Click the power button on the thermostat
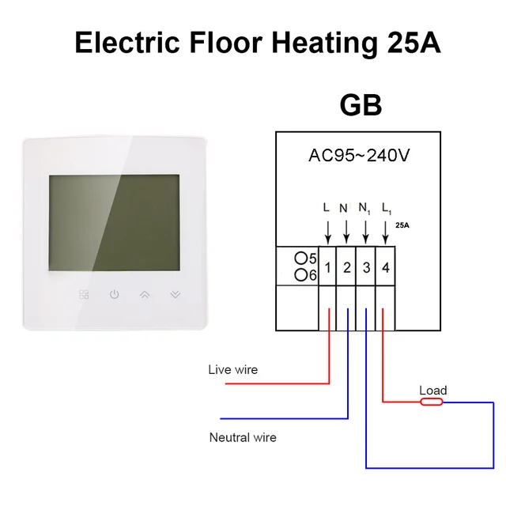(115, 295)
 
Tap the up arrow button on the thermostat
(145, 295)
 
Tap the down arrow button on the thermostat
(175, 295)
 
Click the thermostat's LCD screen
(115, 223)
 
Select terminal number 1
(327, 267)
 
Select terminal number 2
(346, 267)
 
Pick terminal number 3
(366, 267)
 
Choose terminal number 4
(385, 267)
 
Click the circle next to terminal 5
(300, 259)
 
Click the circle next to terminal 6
(300, 274)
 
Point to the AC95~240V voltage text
(359, 155)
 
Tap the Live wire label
(232, 369)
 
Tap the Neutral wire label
(243, 437)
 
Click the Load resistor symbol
(432, 402)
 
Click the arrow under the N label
(346, 232)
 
